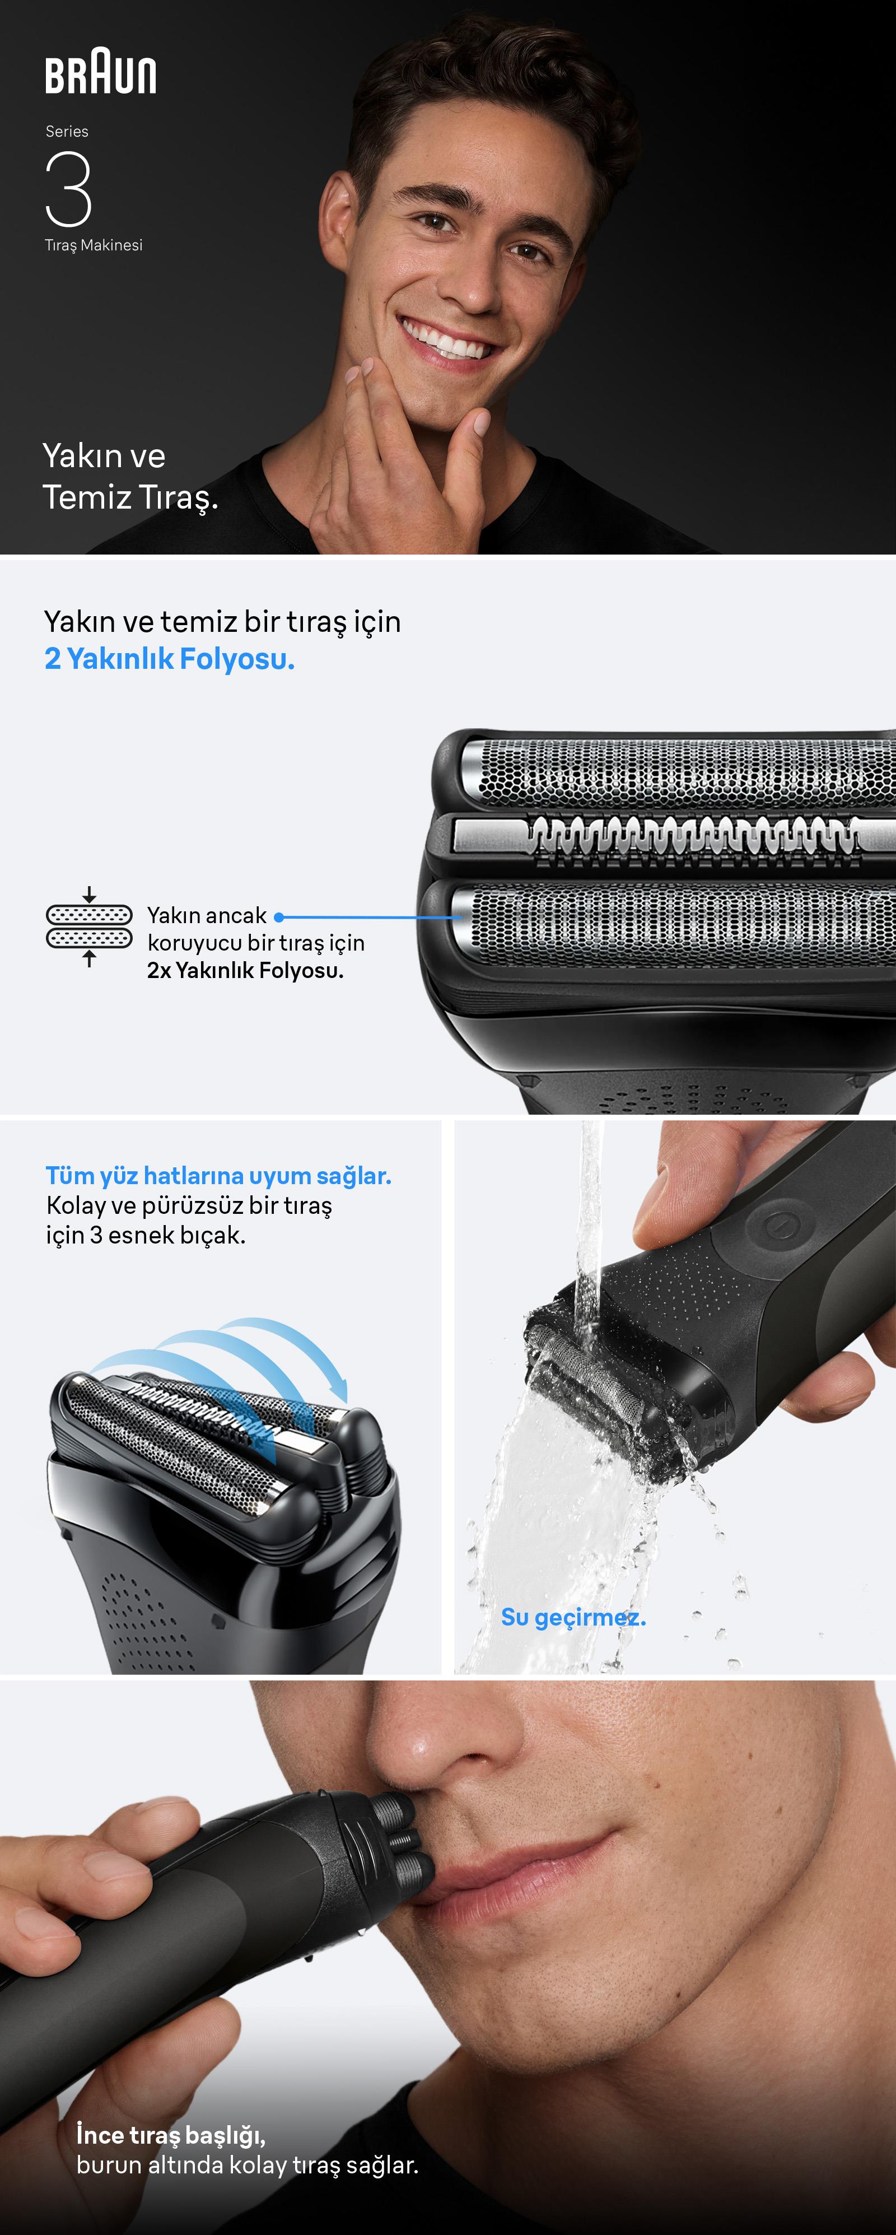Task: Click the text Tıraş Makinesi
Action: coord(94,245)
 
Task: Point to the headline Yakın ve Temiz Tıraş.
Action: coord(130,476)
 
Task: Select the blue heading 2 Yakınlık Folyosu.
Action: coord(170,659)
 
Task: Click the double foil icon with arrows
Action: coord(90,926)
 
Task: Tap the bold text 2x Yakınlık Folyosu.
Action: coord(245,970)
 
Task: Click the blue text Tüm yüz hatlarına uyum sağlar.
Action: coord(218,1176)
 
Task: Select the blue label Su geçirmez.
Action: coord(573,1617)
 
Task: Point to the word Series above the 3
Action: coord(67,132)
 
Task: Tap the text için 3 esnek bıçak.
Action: coord(146,1235)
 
